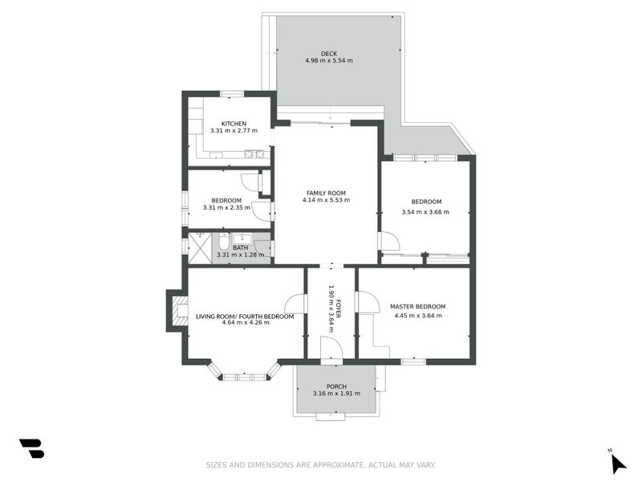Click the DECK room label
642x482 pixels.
(x=329, y=54)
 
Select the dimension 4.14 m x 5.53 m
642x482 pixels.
(x=326, y=200)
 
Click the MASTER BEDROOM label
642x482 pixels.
(x=417, y=306)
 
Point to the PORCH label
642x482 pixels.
(x=336, y=386)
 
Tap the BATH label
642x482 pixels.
(x=240, y=247)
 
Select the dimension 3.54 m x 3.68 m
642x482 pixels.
(x=425, y=212)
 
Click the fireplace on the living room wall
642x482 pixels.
(x=177, y=311)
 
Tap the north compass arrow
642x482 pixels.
(x=616, y=463)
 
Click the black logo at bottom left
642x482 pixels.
(x=31, y=448)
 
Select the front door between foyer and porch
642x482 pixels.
(x=331, y=349)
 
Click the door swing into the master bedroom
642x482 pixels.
(x=368, y=302)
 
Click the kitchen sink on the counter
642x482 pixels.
(x=254, y=154)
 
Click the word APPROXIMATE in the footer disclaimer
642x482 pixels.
(x=343, y=464)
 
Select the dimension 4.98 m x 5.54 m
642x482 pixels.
(x=329, y=61)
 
